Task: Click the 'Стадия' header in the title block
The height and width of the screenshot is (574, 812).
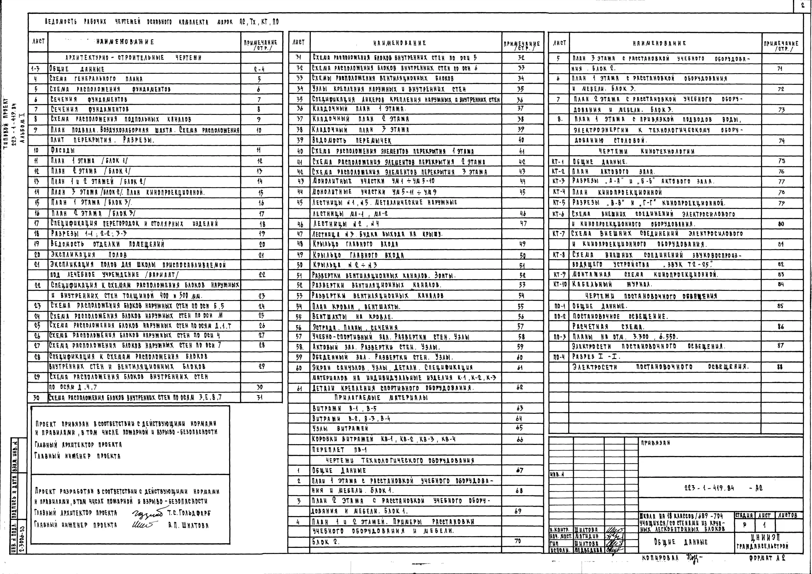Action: click(x=744, y=516)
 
